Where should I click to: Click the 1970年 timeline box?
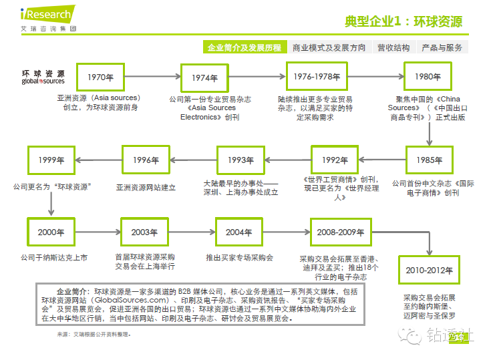click(100, 77)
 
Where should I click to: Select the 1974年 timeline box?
click(205, 77)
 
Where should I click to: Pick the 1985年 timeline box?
click(428, 160)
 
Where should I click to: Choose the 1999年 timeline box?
click(51, 160)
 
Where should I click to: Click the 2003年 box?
click(144, 232)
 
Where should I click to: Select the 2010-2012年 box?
click(429, 271)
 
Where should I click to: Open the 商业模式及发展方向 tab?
click(329, 47)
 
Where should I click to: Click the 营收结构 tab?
click(393, 47)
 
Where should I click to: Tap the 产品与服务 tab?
click(441, 47)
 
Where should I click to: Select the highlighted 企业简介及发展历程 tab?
click(244, 47)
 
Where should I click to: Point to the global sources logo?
click(43, 77)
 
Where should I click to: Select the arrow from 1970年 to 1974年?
click(153, 77)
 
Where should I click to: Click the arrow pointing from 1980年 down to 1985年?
click(428, 132)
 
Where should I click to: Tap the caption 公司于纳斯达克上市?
click(53, 256)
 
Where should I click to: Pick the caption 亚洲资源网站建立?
click(146, 188)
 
